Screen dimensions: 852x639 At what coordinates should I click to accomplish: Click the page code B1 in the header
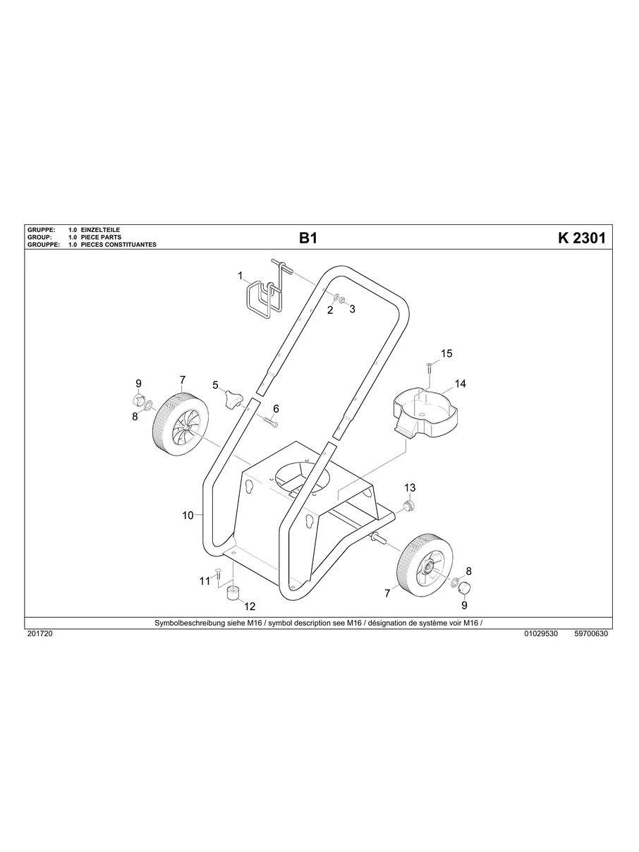308,238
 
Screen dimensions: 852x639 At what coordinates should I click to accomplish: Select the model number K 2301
581,238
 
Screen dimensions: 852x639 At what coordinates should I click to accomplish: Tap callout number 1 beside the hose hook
240,275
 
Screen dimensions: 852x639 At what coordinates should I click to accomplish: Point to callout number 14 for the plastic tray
460,384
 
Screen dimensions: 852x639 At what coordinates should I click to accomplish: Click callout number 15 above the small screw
446,353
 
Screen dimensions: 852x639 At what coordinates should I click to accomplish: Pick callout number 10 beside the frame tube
188,516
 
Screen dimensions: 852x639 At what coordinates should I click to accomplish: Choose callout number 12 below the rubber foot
250,606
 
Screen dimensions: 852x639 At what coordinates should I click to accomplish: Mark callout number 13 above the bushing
410,487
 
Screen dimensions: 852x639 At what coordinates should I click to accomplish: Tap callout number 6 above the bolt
276,408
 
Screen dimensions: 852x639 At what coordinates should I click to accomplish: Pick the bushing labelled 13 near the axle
408,506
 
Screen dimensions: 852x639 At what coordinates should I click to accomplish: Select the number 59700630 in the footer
591,633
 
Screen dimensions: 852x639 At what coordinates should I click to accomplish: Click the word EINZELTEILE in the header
101,231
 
